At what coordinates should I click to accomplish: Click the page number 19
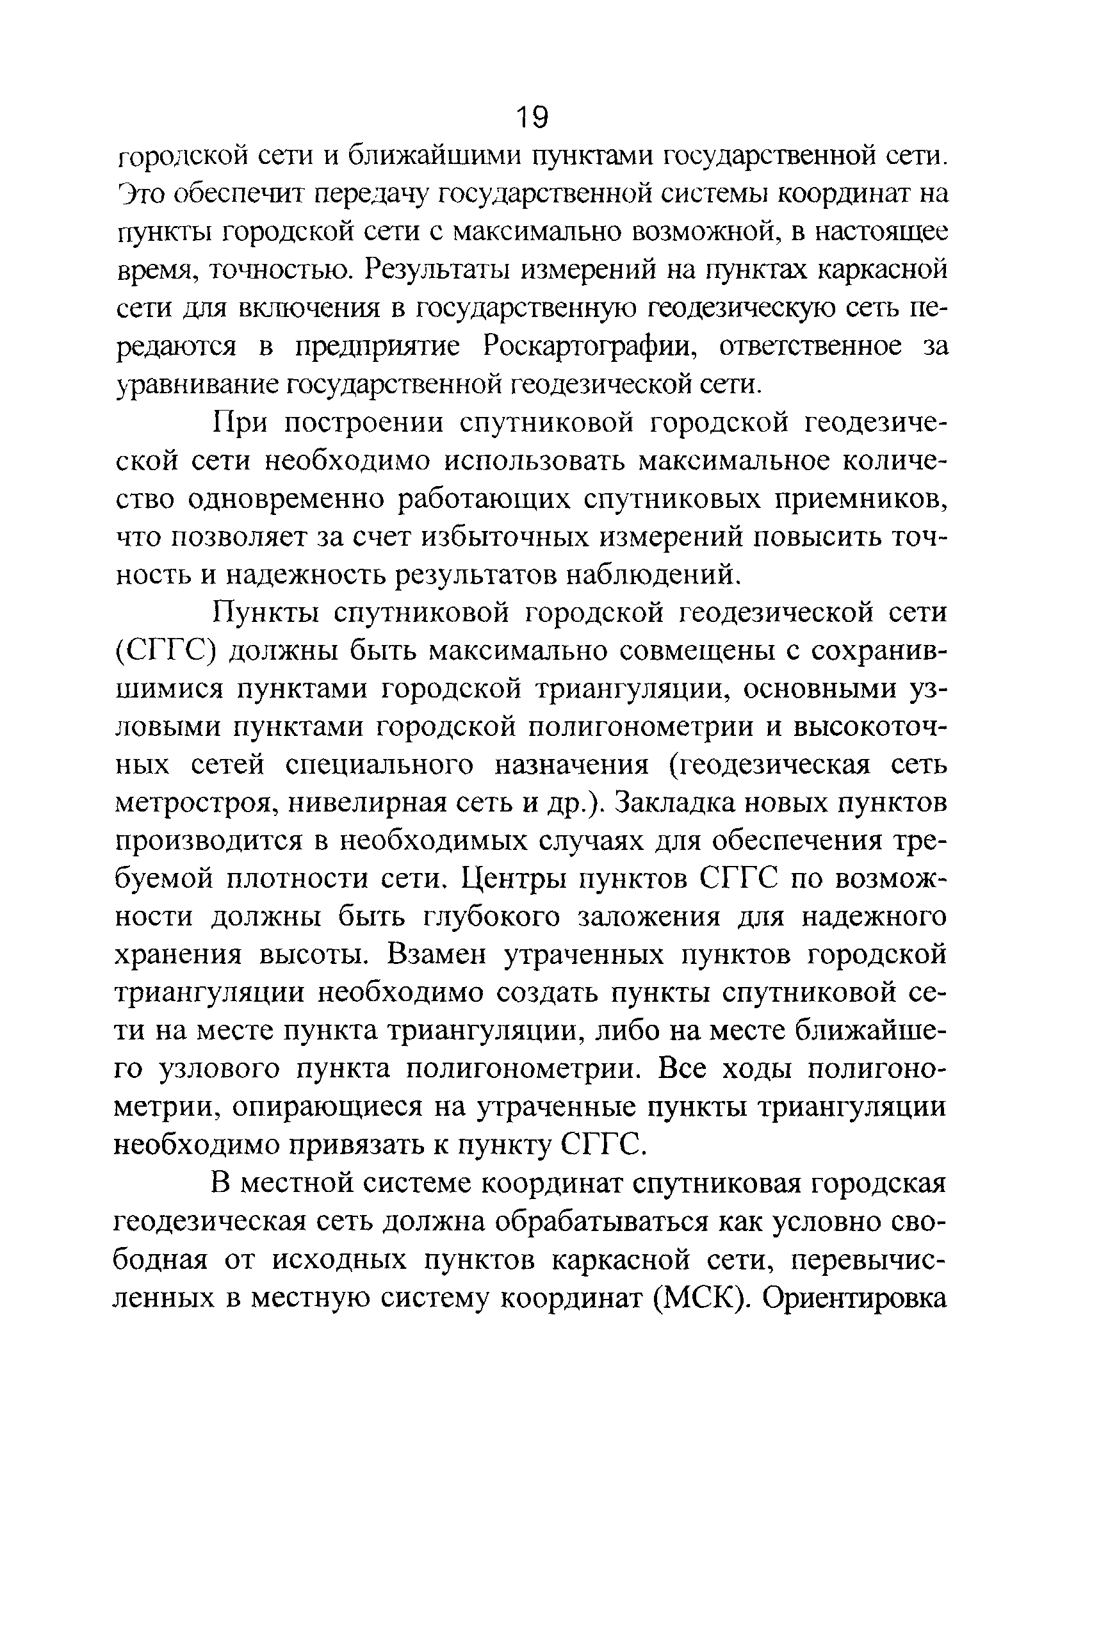click(x=532, y=117)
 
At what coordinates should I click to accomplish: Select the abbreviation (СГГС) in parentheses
click(x=163, y=651)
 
